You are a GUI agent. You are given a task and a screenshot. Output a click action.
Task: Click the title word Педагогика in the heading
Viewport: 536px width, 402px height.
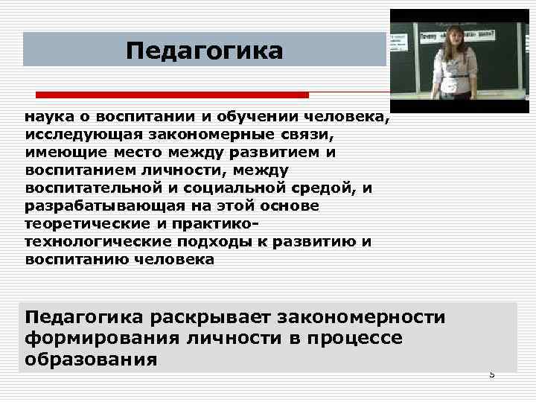click(x=205, y=51)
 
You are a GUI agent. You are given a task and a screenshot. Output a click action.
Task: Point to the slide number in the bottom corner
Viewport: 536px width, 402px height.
click(x=491, y=374)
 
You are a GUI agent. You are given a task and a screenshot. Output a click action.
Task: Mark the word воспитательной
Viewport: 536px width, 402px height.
click(x=92, y=188)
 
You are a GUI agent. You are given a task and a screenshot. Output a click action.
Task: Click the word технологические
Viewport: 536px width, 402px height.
click(x=94, y=242)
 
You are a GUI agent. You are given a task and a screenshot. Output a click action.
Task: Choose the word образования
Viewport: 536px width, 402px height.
click(x=91, y=360)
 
